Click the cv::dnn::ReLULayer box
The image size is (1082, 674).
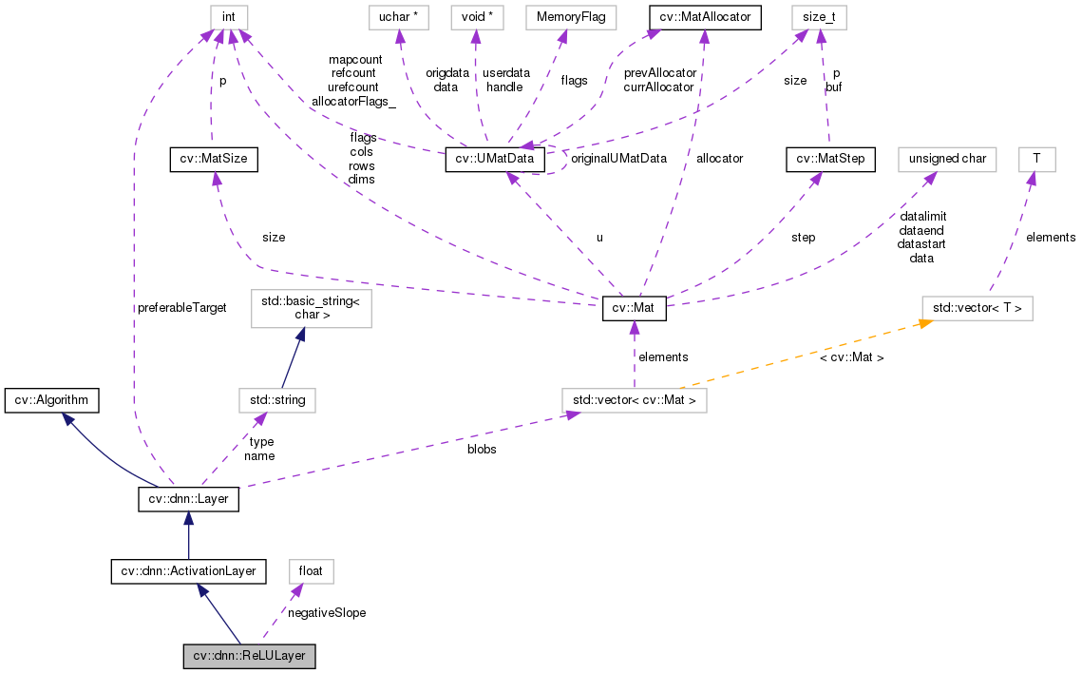(x=249, y=656)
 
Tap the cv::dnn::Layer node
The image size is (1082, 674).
(x=188, y=498)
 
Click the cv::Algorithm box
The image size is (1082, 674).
(x=51, y=400)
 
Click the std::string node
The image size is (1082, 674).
(x=277, y=400)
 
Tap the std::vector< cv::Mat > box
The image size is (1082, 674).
(x=634, y=400)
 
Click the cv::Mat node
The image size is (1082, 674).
(x=635, y=309)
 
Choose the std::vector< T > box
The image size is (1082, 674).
(x=978, y=308)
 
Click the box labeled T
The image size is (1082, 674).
(x=1036, y=159)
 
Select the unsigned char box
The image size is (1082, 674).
(x=946, y=159)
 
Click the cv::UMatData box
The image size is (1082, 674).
(x=495, y=159)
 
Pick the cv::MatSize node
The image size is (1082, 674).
(x=214, y=159)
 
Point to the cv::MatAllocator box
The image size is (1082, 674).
(x=704, y=16)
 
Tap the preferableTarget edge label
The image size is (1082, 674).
(x=181, y=308)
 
